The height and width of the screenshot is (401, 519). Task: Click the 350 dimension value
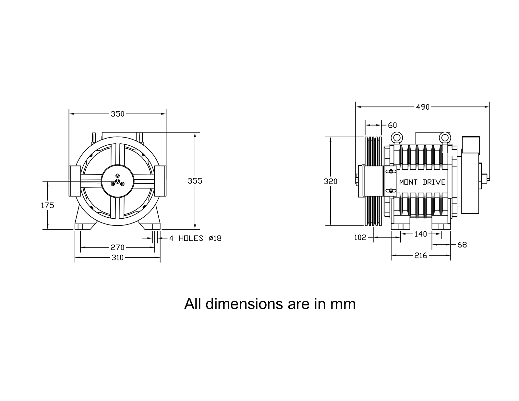click(x=117, y=114)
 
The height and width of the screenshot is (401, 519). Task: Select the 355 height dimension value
click(x=195, y=181)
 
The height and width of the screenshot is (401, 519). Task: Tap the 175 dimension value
click(x=48, y=205)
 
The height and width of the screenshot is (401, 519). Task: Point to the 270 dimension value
click(x=117, y=247)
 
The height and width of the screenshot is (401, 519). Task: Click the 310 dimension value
click(x=117, y=258)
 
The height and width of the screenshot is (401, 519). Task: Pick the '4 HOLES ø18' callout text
click(x=195, y=238)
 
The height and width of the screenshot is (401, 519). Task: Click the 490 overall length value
click(x=423, y=107)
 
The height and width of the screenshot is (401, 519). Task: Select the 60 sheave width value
click(x=392, y=125)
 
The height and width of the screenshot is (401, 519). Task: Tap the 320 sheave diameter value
click(x=331, y=181)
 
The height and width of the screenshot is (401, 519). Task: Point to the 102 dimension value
click(x=360, y=237)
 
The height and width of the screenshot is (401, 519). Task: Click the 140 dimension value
click(x=421, y=234)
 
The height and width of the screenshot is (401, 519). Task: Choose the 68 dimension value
click(x=462, y=245)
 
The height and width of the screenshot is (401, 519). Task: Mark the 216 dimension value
click(x=421, y=256)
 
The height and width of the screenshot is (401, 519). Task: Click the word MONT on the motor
click(x=408, y=182)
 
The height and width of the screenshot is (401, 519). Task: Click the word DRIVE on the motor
click(x=434, y=182)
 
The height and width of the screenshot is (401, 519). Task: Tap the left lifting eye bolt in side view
click(x=397, y=138)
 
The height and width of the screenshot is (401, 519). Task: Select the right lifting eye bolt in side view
click(x=444, y=138)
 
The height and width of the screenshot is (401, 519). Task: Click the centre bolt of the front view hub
click(x=117, y=181)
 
